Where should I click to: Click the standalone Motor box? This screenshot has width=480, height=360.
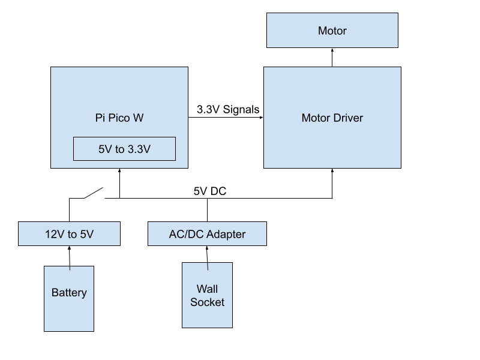pyautogui.click(x=332, y=31)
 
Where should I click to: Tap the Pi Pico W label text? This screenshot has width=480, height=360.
pyautogui.click(x=119, y=118)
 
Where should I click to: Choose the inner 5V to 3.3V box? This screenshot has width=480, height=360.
pyautogui.click(x=124, y=149)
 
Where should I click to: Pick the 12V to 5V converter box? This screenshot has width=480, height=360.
pyautogui.click(x=69, y=234)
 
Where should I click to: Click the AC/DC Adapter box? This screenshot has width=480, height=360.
pyautogui.click(x=207, y=234)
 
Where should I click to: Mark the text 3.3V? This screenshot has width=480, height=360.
pyautogui.click(x=138, y=149)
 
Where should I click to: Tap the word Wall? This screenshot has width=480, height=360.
pyautogui.click(x=207, y=289)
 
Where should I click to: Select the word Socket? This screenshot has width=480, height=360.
pyautogui.click(x=207, y=302)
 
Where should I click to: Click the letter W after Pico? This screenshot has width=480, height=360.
pyautogui.click(x=138, y=118)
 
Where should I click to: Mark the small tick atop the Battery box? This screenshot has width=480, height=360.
pyautogui.click(x=70, y=268)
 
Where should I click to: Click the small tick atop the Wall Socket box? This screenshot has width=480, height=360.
pyautogui.click(x=208, y=266)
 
